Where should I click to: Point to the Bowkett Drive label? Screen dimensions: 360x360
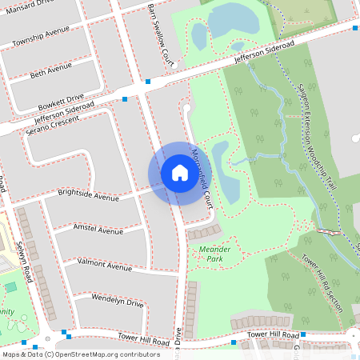(60, 101)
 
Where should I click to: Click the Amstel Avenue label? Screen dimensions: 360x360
(98, 230)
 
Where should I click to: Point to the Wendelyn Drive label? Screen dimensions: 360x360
(117, 303)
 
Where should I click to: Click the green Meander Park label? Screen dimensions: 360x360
(214, 254)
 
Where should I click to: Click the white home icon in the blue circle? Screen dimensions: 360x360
(180, 173)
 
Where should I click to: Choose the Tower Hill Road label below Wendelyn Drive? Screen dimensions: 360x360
(143, 338)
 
